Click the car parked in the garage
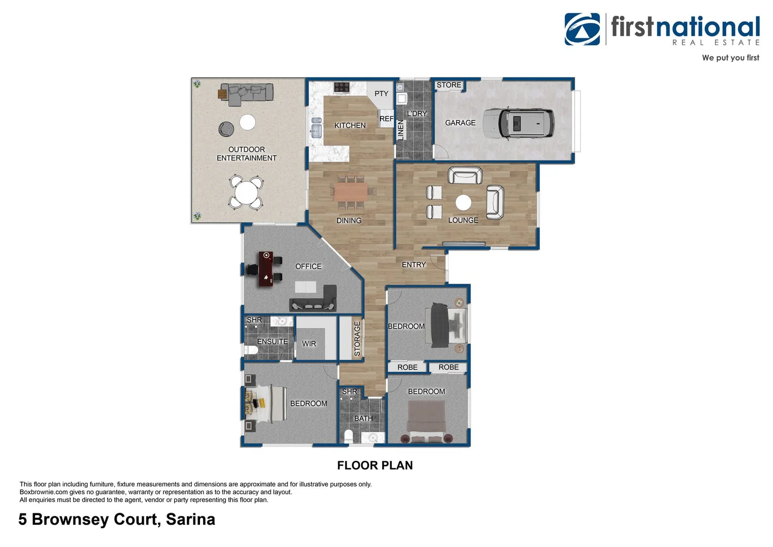coord(518,123)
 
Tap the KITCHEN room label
coord(350,125)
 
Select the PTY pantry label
coord(381,94)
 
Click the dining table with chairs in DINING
coord(350,191)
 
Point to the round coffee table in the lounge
coord(463,203)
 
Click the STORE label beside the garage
coord(449,85)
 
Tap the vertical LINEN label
coord(401,130)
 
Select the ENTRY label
coord(414,264)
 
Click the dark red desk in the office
coord(265,268)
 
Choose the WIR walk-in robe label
coord(309,343)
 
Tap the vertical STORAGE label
coord(357,338)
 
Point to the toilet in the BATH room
coord(348,436)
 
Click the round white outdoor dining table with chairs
coord(246,192)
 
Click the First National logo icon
coord(582,29)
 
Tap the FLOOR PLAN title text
coord(375,465)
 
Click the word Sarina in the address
coord(190,519)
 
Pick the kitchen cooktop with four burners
coord(342,87)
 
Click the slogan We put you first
coord(730,58)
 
